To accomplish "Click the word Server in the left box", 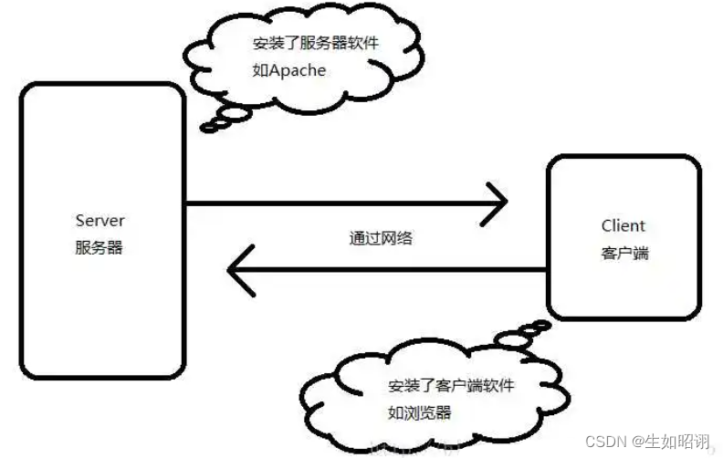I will pyautogui.click(x=100, y=221).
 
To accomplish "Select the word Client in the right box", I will pyautogui.click(x=623, y=226).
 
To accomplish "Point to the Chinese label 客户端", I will pyautogui.click(x=624, y=254).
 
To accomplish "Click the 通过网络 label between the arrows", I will pyautogui.click(x=381, y=239).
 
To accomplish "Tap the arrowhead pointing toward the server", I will pyautogui.click(x=240, y=270).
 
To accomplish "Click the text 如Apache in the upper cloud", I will pyautogui.click(x=289, y=70).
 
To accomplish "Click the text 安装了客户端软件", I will pyautogui.click(x=450, y=385).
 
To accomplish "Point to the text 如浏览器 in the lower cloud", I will pyautogui.click(x=419, y=411).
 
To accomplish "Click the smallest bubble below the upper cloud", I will pyautogui.click(x=209, y=127).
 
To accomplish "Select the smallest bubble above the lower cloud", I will pyautogui.click(x=540, y=326).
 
